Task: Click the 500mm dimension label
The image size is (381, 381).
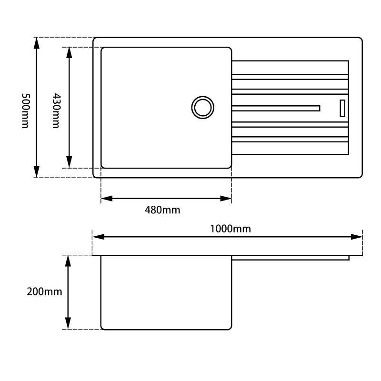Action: pos(25,110)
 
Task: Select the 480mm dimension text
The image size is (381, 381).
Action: pos(162,210)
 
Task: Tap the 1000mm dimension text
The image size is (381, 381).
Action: pos(231,229)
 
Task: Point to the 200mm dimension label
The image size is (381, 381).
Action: pos(44,292)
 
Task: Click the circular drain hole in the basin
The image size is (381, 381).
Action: pos(202,107)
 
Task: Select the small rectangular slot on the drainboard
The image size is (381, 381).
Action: pos(342,108)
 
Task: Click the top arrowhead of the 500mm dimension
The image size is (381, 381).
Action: pos(37,43)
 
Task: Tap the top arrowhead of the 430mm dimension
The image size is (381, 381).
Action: pos(70,52)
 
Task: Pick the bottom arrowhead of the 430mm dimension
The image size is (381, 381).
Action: pos(70,162)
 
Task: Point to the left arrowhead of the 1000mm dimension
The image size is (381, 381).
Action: pos(98,237)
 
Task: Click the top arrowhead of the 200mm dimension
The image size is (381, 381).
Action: pos(68,261)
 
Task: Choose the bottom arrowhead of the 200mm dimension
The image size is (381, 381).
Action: pos(68,323)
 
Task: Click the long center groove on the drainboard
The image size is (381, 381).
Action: pos(276,108)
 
